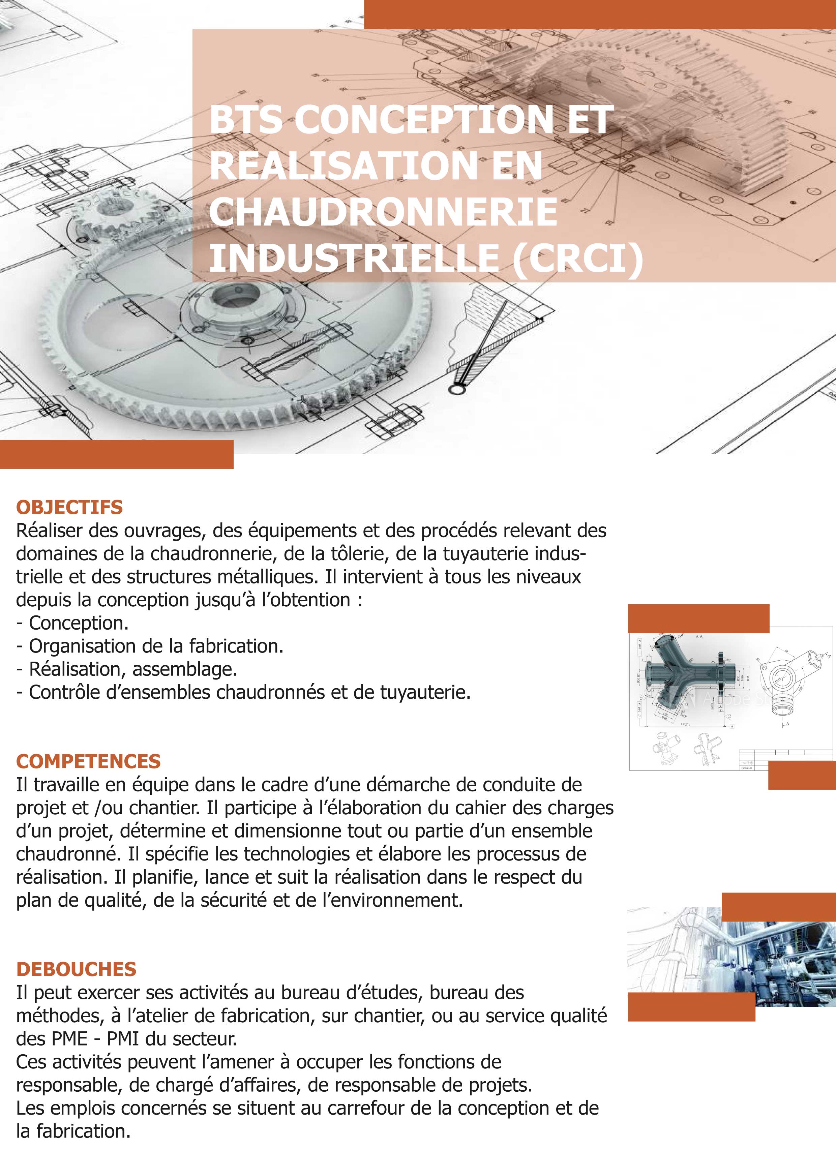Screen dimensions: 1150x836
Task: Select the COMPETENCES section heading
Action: coord(88,761)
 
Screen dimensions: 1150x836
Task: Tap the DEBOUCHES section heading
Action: coord(76,969)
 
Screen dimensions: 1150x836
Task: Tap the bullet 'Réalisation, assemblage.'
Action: coord(133,669)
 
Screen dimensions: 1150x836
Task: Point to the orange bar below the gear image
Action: coord(116,454)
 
